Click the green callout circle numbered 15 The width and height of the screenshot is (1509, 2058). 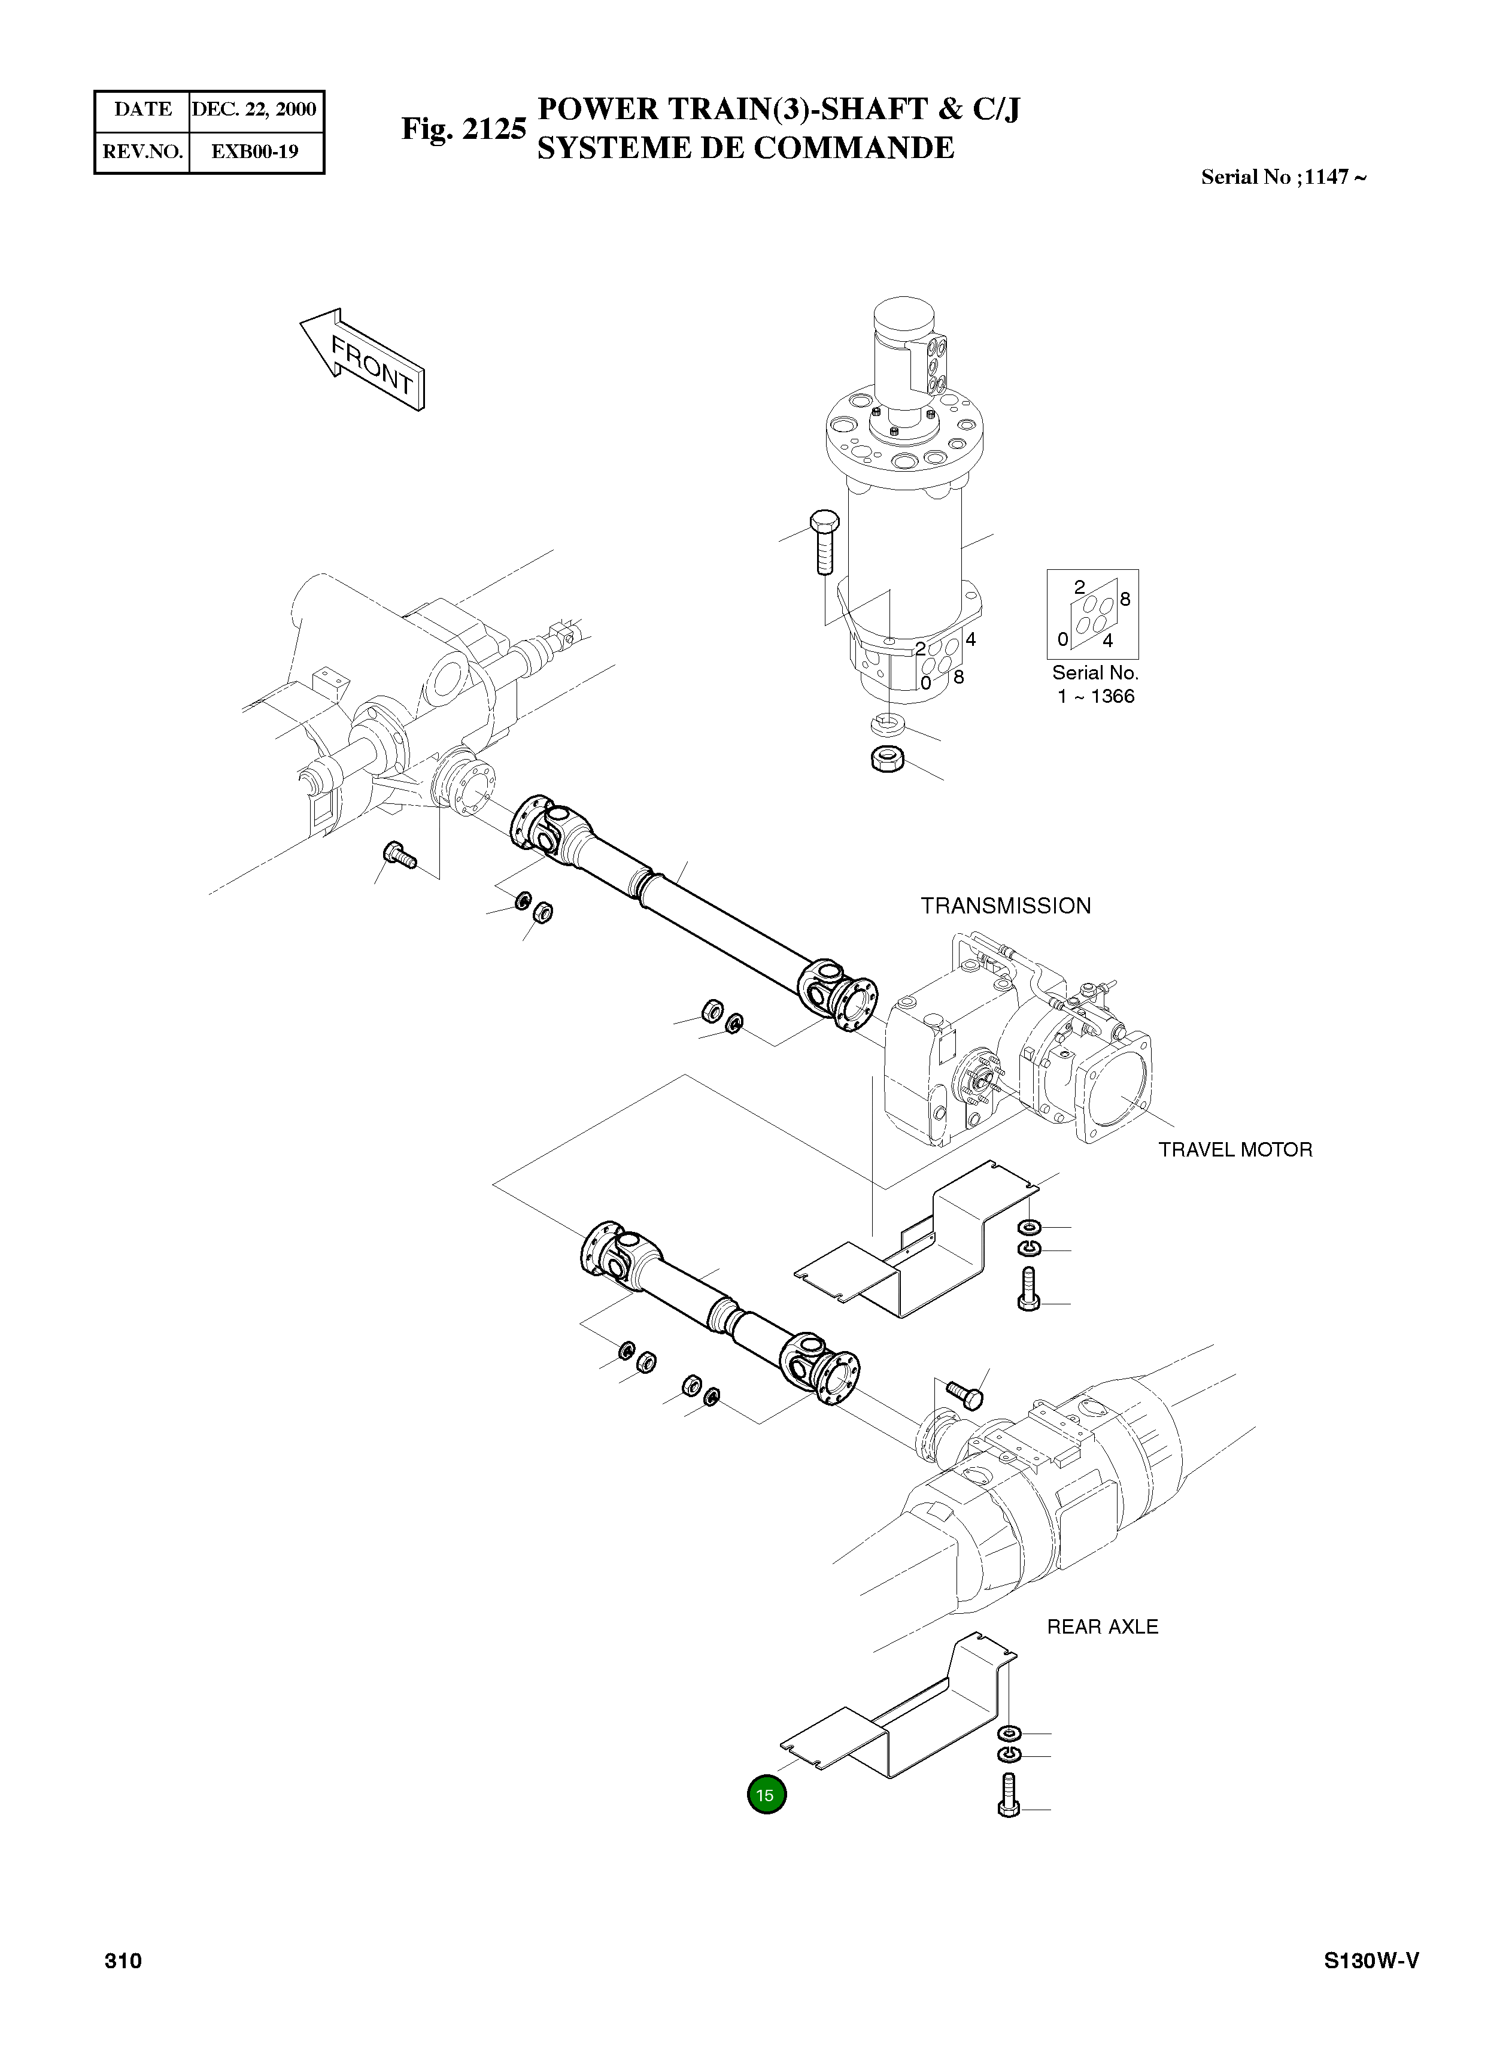pos(766,1794)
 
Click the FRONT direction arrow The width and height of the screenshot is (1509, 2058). pos(363,359)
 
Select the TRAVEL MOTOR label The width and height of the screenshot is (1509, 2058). pos(1235,1149)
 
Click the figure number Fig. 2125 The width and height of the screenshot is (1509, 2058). pos(463,129)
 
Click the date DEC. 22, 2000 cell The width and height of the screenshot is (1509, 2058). pos(254,110)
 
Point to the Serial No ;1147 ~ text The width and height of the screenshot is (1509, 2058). pos(1283,177)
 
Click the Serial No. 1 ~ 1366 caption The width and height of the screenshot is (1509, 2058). pos(1095,684)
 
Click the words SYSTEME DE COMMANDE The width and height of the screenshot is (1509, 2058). pos(745,148)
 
